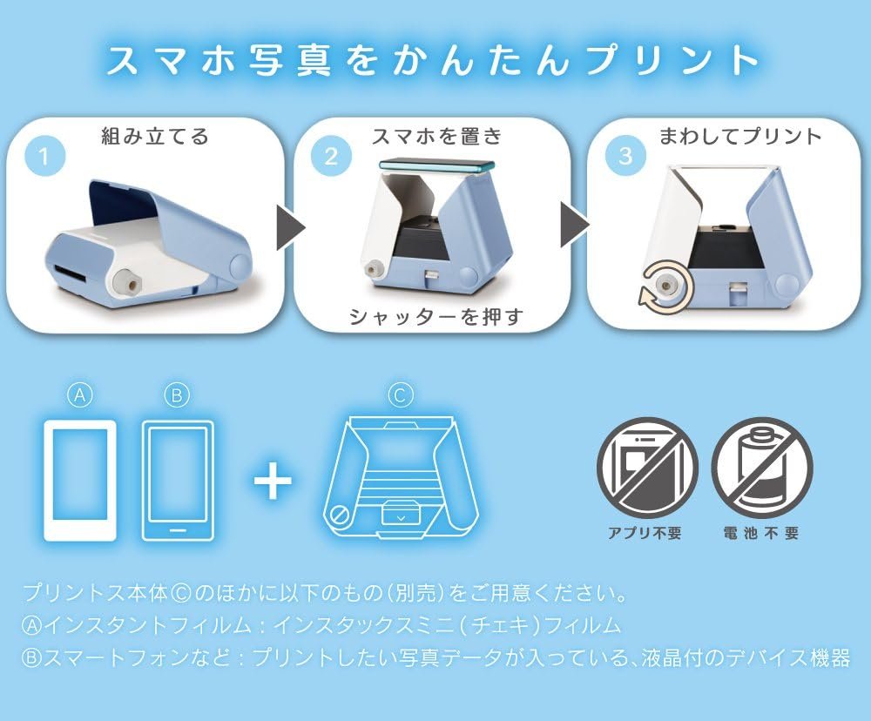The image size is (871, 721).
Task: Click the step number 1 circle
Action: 44,156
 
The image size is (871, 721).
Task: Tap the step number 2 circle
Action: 331,156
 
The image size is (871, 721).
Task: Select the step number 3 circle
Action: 625,156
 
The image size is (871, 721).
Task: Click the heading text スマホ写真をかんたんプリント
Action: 432,59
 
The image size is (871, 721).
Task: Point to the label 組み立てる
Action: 154,136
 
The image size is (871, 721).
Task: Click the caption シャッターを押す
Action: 436,317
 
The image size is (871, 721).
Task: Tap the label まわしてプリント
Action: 739,136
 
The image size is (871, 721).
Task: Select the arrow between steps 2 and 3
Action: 574,225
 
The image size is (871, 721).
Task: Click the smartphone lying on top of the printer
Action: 436,165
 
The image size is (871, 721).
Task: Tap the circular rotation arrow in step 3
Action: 665,287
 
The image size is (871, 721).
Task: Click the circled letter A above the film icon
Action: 79,395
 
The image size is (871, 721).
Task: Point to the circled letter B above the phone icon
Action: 177,395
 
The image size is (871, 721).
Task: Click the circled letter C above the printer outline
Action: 400,395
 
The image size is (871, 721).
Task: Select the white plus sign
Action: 273,480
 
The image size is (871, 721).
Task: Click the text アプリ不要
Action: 645,533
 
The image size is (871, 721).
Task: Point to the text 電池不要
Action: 760,533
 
